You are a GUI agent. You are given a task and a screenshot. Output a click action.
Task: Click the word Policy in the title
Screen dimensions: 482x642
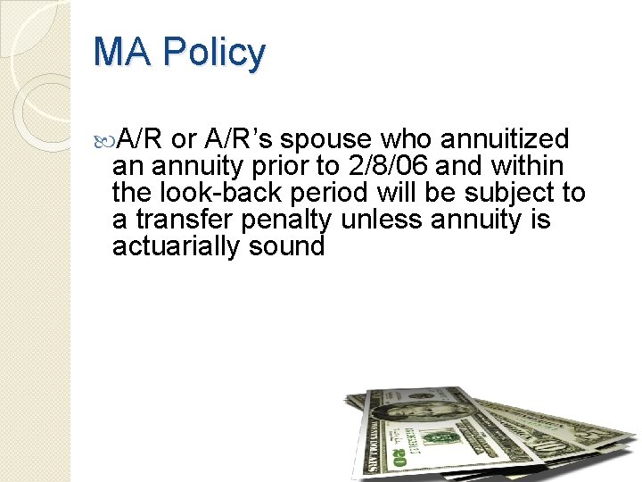(x=217, y=53)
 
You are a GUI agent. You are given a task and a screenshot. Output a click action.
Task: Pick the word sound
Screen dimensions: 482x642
(x=287, y=246)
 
